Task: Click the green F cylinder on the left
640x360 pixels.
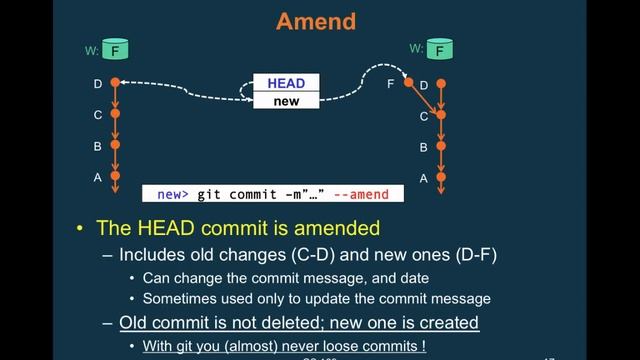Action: click(x=117, y=49)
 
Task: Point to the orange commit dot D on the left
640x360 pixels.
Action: click(x=116, y=83)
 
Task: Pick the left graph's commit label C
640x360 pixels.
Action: click(x=98, y=115)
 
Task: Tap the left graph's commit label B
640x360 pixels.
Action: click(x=98, y=146)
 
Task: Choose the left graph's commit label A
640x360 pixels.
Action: click(x=98, y=177)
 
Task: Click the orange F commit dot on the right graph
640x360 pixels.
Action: click(x=408, y=83)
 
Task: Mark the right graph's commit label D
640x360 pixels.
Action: click(x=424, y=85)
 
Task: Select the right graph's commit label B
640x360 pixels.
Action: click(x=424, y=147)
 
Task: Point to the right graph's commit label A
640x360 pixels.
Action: click(x=424, y=178)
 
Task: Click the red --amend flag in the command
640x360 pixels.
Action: click(x=357, y=193)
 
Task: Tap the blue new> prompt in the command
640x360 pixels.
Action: click(x=171, y=193)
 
